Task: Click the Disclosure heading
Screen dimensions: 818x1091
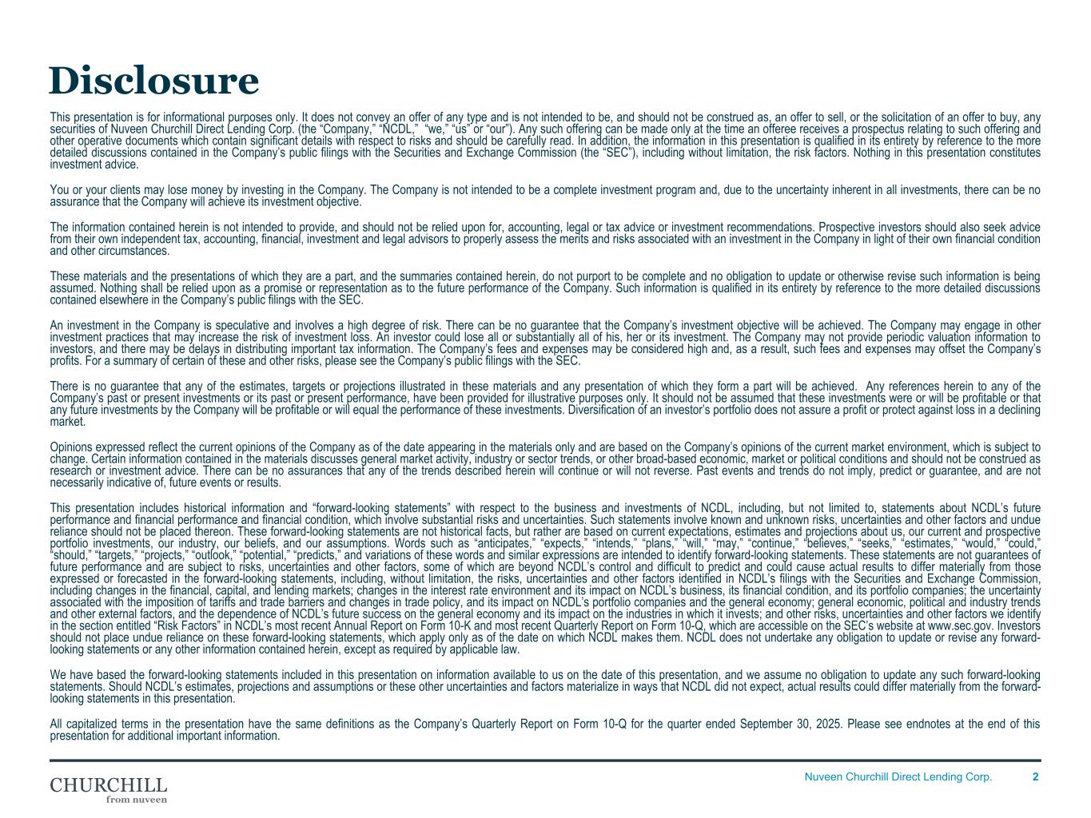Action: [x=153, y=81]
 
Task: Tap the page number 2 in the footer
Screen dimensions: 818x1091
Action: [x=1035, y=776]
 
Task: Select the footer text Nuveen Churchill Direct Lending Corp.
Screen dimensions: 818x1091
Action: [x=898, y=776]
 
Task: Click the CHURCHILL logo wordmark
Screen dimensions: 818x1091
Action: [x=109, y=784]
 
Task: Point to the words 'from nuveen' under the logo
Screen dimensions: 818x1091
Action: [x=137, y=799]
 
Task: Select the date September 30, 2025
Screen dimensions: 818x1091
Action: [x=779, y=725]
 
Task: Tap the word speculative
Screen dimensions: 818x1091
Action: [x=238, y=325]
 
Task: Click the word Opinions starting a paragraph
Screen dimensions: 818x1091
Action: [x=70, y=447]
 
